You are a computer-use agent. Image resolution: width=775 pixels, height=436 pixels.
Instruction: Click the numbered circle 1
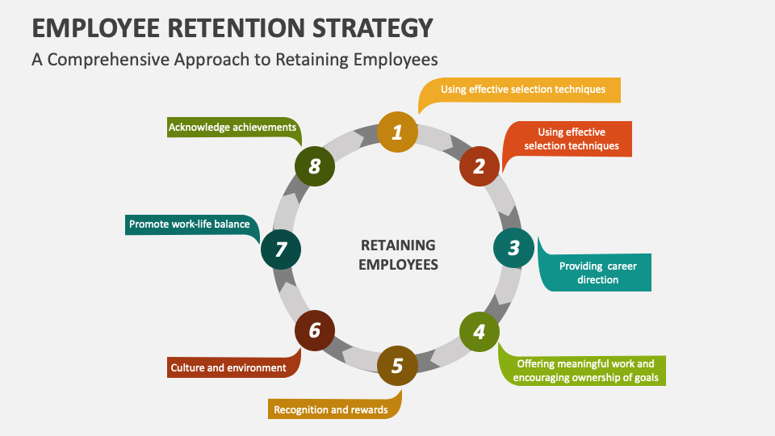pos(397,132)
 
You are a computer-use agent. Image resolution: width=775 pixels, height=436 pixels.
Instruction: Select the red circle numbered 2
pos(480,166)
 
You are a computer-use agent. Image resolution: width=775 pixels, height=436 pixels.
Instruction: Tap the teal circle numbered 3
pos(513,248)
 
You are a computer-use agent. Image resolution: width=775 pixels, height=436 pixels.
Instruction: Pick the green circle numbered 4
pos(480,332)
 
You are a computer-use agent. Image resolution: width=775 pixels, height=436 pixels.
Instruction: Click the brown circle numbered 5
pos(397,366)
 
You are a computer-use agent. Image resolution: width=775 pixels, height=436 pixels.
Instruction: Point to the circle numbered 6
pos(315,331)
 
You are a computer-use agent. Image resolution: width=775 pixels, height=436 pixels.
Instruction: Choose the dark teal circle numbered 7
pos(281,249)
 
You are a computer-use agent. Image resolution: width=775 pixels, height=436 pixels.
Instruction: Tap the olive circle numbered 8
pos(315,166)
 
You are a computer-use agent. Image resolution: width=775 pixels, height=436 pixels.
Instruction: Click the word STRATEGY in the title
pos(373,28)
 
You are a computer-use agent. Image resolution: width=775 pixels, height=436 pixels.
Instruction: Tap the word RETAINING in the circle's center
pos(398,245)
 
